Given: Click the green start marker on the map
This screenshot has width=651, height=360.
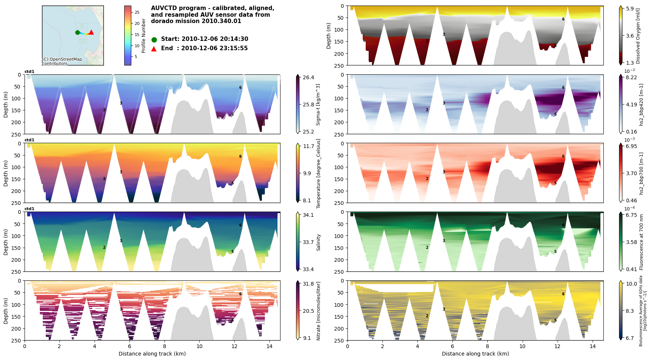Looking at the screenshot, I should pos(77,32).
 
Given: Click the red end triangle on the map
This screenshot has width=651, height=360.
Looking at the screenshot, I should pos(91,32).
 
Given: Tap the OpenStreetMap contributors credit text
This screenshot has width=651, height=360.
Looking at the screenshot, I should pos(62,61).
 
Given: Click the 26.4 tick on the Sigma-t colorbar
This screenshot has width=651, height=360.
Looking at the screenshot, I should pos(308,78).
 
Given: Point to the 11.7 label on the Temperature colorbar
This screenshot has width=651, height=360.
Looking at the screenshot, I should pos(308,147).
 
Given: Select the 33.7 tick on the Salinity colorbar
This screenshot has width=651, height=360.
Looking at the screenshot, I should pos(308,242).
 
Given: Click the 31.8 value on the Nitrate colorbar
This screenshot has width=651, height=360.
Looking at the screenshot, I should pos(308,284).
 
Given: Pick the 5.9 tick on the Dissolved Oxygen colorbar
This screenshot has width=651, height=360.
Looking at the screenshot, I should pos(629,9).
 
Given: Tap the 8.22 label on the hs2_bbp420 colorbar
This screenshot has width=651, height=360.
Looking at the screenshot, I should pos(631,78).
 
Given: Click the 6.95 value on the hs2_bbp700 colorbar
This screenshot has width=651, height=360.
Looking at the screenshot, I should pos(631,147).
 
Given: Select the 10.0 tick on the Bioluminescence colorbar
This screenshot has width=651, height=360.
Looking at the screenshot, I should pos(631,284).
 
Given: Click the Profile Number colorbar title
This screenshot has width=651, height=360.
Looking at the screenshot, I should pos(144,36).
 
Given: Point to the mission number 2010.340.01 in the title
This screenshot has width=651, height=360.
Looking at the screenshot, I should pos(223,21).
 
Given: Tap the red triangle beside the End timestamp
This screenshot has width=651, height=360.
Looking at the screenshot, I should pos(154,49).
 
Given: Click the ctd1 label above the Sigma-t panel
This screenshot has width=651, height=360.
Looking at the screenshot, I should pos(29,72).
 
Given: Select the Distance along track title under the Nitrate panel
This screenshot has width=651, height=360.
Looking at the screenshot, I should pos(152,354).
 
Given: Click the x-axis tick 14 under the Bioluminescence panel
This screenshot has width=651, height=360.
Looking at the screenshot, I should pos(592,347).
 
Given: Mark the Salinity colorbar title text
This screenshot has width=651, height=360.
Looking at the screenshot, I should pos(318,242).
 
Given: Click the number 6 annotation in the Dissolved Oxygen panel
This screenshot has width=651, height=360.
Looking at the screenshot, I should pos(563,19).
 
